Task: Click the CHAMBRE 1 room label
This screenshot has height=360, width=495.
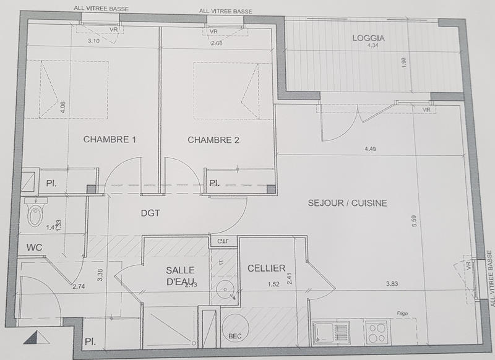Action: click(110, 140)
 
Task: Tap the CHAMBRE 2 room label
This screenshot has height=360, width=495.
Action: click(213, 140)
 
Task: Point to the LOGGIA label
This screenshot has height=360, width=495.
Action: click(368, 38)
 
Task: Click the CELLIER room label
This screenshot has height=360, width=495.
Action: click(266, 268)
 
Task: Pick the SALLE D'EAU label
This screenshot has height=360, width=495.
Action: click(180, 276)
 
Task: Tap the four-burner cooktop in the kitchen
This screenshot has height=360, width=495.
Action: click(376, 332)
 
